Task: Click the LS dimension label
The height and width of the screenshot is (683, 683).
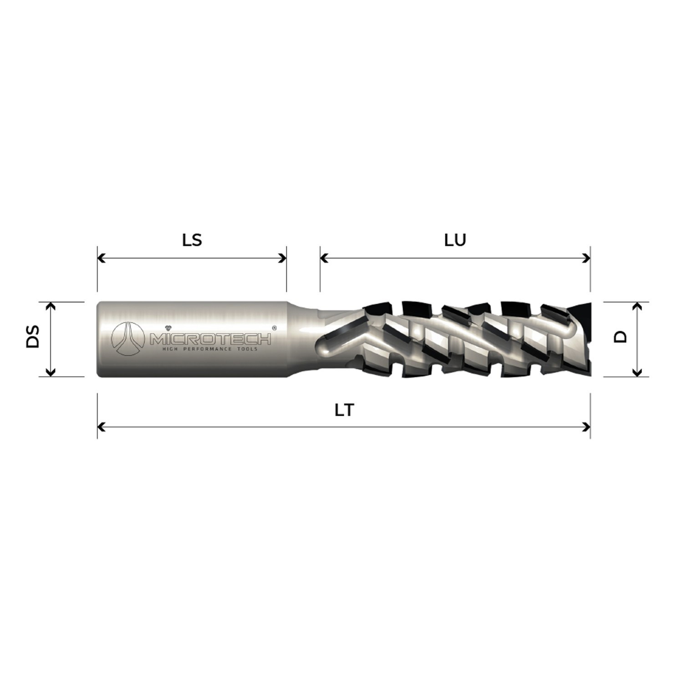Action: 192,240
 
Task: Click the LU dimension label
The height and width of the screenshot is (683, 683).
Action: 455,240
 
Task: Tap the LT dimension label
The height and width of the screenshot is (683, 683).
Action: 344,410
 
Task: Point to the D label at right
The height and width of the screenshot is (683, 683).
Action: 621,336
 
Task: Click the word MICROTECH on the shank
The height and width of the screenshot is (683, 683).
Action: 210,339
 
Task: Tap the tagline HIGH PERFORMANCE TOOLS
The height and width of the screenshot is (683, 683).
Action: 210,349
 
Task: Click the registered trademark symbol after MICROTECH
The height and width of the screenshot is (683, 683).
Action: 274,327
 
